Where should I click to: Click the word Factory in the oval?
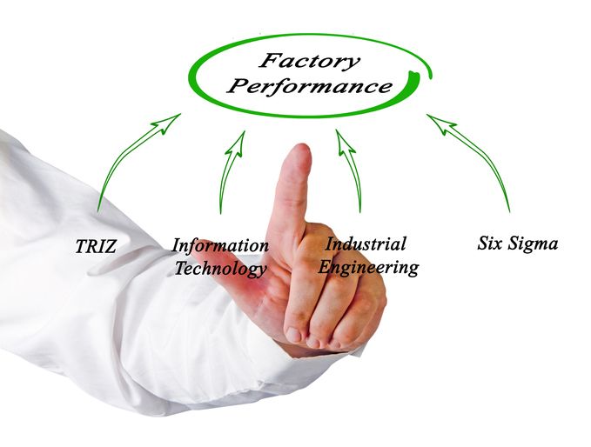tap(308, 62)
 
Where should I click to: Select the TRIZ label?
tap(96, 247)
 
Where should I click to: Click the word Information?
tap(219, 246)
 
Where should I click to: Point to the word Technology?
tap(220, 269)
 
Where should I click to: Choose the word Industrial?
tap(366, 244)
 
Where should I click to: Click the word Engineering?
tap(368, 267)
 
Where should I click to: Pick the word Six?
tap(494, 244)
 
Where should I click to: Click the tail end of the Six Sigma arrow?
tap(509, 210)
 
